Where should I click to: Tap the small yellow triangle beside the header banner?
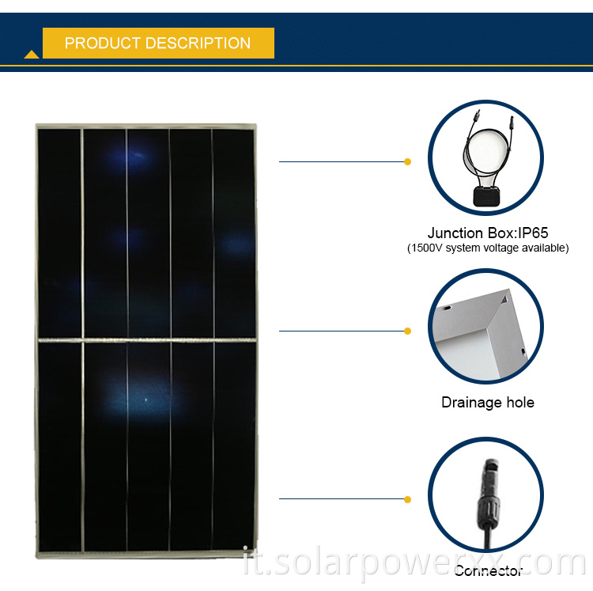point(32,54)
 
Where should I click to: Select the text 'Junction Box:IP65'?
point(487,233)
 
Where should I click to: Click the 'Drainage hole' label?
point(487,402)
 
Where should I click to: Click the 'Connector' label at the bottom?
point(488,570)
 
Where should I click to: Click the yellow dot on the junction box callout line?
point(408,161)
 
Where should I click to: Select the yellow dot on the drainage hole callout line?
point(408,331)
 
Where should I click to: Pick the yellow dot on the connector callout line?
point(408,499)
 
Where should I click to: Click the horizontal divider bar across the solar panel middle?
point(146,341)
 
